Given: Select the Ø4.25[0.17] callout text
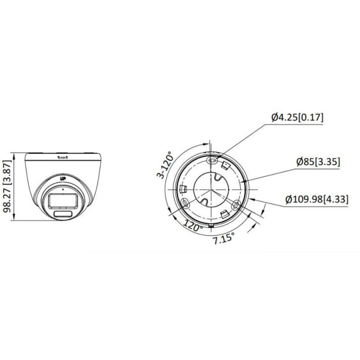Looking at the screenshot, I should pos(297,118).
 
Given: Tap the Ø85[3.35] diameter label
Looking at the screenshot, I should pos(318,162).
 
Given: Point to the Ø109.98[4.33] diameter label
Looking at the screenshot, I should pos(317,199).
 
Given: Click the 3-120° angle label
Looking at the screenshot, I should pos(163,164).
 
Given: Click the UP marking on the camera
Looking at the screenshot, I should pos(63,178).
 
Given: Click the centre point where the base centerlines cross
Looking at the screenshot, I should pos(210,189).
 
